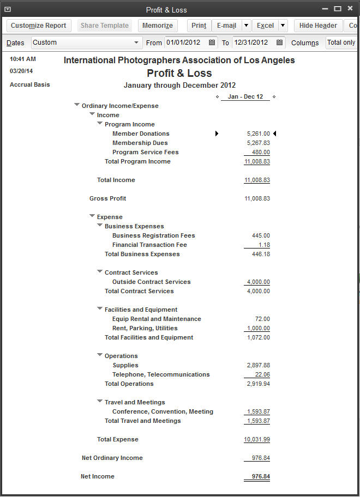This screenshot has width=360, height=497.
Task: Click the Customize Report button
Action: (38, 26)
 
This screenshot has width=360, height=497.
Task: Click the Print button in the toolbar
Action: (199, 26)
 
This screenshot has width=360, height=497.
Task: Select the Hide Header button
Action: (318, 26)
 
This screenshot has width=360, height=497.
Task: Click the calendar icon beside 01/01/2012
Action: (212, 43)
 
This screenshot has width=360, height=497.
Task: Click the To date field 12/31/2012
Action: (250, 43)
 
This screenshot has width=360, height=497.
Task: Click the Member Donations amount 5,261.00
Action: (258, 134)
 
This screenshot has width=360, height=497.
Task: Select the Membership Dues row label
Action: (140, 143)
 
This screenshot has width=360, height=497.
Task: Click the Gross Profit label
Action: (107, 198)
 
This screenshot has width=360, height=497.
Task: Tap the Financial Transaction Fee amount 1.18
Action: (265, 245)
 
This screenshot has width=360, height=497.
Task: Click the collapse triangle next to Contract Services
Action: (100, 272)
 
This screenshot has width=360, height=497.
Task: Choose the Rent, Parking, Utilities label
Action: (145, 328)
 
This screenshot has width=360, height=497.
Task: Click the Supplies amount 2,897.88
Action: (258, 365)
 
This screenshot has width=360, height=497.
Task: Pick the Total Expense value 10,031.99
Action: (257, 439)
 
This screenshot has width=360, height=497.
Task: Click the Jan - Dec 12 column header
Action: (245, 96)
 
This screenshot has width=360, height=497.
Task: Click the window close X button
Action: (350, 9)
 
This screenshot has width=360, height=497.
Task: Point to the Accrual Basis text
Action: (30, 84)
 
